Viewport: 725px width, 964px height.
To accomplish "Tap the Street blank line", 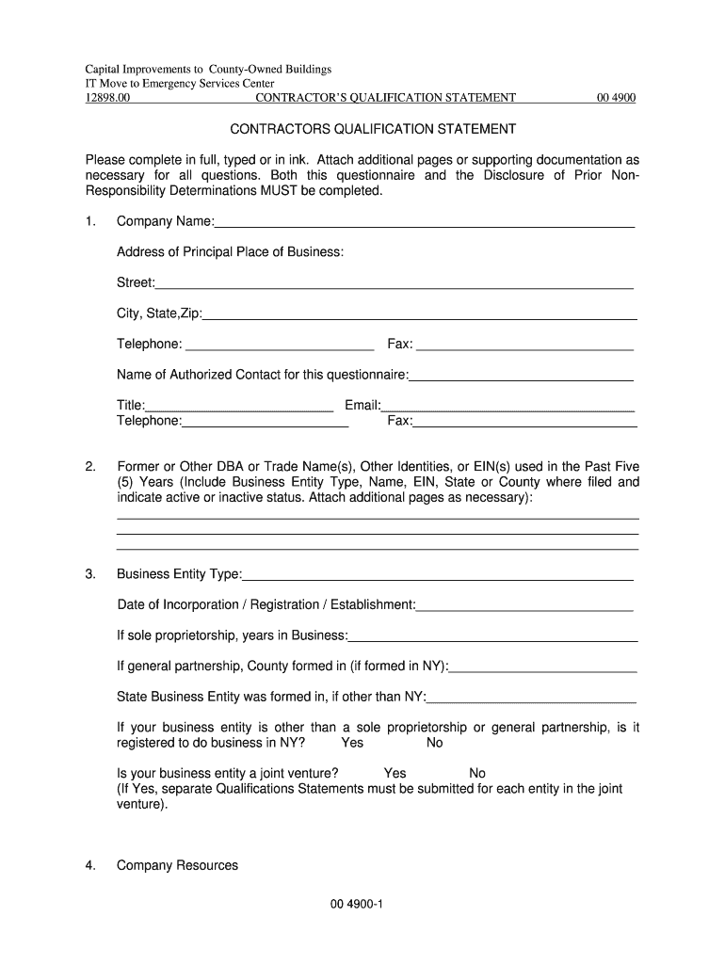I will point(395,283).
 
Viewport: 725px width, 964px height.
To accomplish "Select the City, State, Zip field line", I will point(419,314).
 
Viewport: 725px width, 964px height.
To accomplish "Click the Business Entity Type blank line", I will point(438,575).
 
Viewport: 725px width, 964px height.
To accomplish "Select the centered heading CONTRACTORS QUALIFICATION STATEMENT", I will point(362,129).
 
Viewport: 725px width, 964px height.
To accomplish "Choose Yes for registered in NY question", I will point(352,743).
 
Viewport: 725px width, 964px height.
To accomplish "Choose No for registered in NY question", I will point(434,743).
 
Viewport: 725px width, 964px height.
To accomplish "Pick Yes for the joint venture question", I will point(395,774).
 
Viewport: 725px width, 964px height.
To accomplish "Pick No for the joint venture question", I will point(477,774).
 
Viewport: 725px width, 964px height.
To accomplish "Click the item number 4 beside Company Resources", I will point(90,865).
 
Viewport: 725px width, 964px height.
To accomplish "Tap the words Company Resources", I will point(177,865).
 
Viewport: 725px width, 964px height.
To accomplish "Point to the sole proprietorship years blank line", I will point(492,636).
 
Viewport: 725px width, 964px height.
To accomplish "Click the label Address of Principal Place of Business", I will point(230,252).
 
